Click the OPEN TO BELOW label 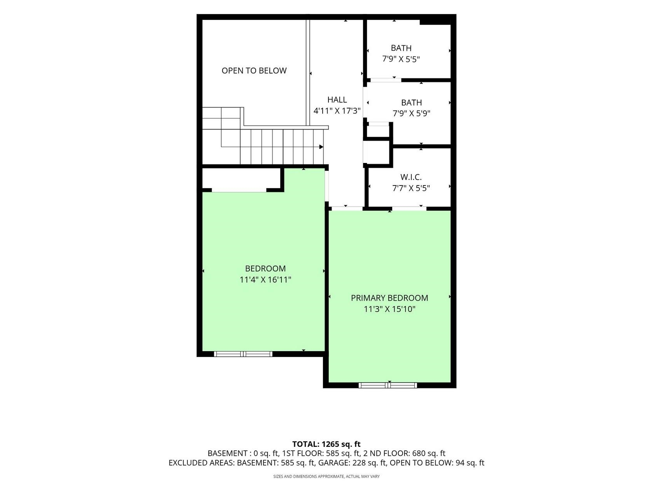(x=254, y=70)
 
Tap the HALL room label (x=337, y=100)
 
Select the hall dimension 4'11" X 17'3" (x=337, y=111)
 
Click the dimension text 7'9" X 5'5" (x=401, y=59)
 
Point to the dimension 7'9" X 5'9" (x=412, y=113)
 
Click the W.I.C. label (x=411, y=177)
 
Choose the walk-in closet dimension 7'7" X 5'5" (x=411, y=188)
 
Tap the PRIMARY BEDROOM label (x=389, y=298)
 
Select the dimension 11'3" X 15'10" (x=389, y=309)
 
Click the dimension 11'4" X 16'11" (x=265, y=280)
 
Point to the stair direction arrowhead (x=321, y=147)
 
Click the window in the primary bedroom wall (x=388, y=385)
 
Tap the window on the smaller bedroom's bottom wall (x=243, y=354)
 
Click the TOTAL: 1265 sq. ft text (x=326, y=444)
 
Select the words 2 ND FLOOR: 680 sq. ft (x=405, y=453)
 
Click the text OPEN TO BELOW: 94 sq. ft (x=437, y=463)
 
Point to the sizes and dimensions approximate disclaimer (x=326, y=476)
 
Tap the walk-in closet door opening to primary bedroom (x=409, y=208)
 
